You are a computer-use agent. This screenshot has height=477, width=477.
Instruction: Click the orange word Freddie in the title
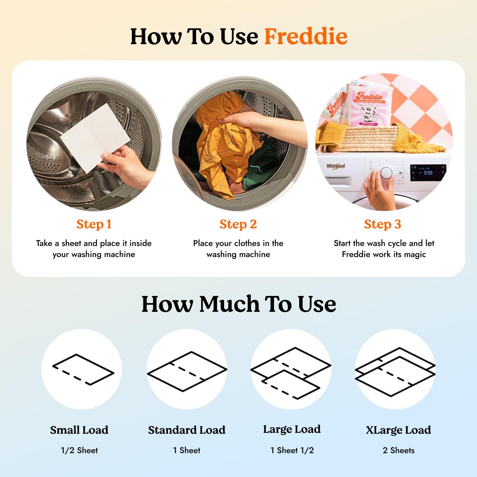tap(306, 37)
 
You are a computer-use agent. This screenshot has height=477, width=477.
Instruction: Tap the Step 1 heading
tap(94, 224)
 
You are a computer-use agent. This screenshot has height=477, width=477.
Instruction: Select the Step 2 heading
tap(238, 224)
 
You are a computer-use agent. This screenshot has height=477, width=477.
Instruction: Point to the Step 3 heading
tap(382, 224)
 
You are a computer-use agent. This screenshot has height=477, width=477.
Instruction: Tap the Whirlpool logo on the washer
tap(335, 166)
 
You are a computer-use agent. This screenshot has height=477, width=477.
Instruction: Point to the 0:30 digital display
tap(428, 173)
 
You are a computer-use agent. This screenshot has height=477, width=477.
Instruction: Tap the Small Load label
tap(79, 430)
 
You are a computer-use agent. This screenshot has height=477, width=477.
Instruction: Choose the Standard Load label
tap(187, 430)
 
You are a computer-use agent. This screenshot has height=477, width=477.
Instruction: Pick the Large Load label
tap(292, 429)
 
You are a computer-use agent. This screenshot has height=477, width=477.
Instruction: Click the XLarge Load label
tap(398, 430)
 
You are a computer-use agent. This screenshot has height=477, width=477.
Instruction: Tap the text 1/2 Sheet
tap(79, 450)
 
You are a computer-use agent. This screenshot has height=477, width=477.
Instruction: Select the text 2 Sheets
tap(398, 450)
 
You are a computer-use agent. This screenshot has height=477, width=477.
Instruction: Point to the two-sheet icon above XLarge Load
tap(395, 372)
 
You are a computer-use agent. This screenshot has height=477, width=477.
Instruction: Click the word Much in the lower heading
tap(230, 304)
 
